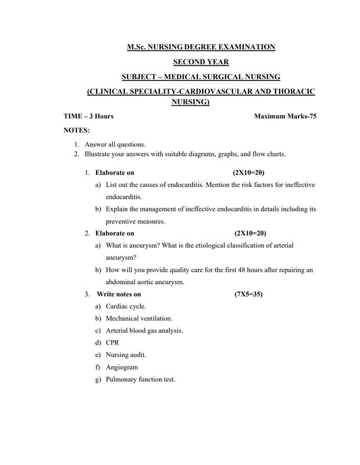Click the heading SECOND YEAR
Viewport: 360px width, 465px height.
click(x=201, y=61)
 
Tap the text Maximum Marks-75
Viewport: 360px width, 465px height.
click(x=285, y=116)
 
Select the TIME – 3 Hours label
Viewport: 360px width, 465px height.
click(x=88, y=116)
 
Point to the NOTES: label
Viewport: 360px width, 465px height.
click(x=76, y=130)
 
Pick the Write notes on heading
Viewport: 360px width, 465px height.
click(x=119, y=294)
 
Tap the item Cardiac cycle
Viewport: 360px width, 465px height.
click(x=126, y=306)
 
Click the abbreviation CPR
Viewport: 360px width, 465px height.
click(x=113, y=342)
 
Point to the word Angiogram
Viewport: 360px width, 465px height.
click(x=122, y=367)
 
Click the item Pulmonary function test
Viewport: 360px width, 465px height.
click(x=140, y=379)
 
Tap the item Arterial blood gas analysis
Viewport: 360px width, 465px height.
click(x=144, y=330)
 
